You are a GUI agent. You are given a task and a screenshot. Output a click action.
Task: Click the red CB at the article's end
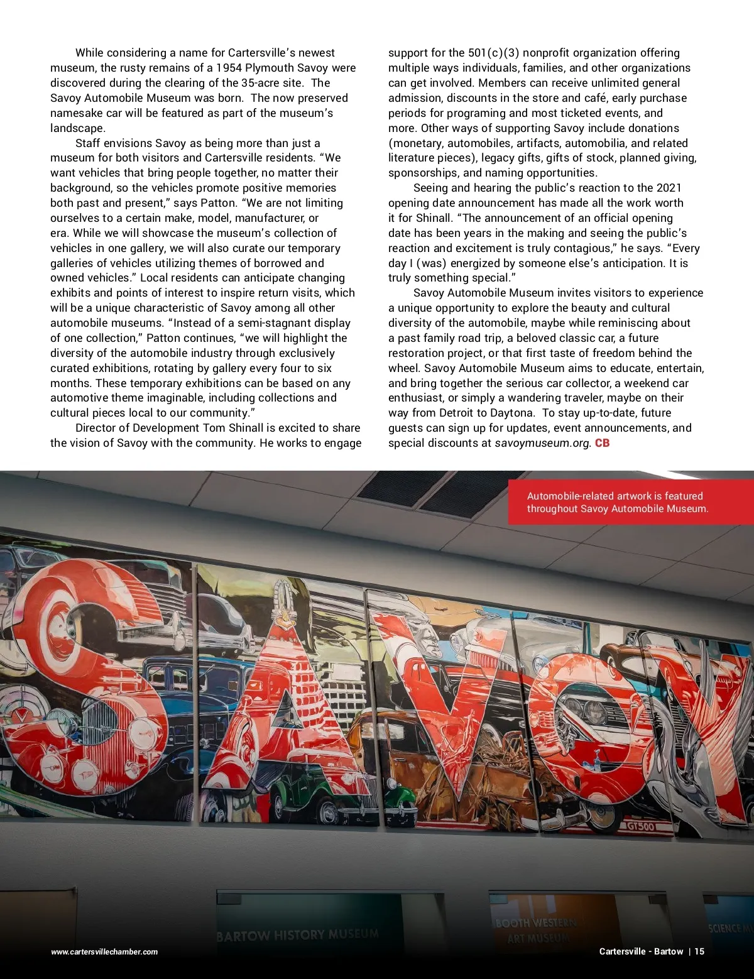click(602, 443)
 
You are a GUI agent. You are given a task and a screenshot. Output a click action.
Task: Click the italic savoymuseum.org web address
click(542, 443)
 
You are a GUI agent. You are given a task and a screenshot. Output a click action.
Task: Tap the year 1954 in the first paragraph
click(229, 68)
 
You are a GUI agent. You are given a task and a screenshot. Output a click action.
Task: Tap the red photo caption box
click(630, 502)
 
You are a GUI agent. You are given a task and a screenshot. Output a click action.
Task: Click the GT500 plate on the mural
click(640, 826)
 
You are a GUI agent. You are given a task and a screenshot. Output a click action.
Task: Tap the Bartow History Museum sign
click(298, 934)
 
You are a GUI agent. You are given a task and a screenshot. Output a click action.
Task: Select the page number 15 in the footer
click(699, 951)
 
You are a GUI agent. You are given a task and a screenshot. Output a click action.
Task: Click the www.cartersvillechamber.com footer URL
click(104, 952)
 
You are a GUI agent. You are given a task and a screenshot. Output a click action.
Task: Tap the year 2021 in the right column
click(669, 188)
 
